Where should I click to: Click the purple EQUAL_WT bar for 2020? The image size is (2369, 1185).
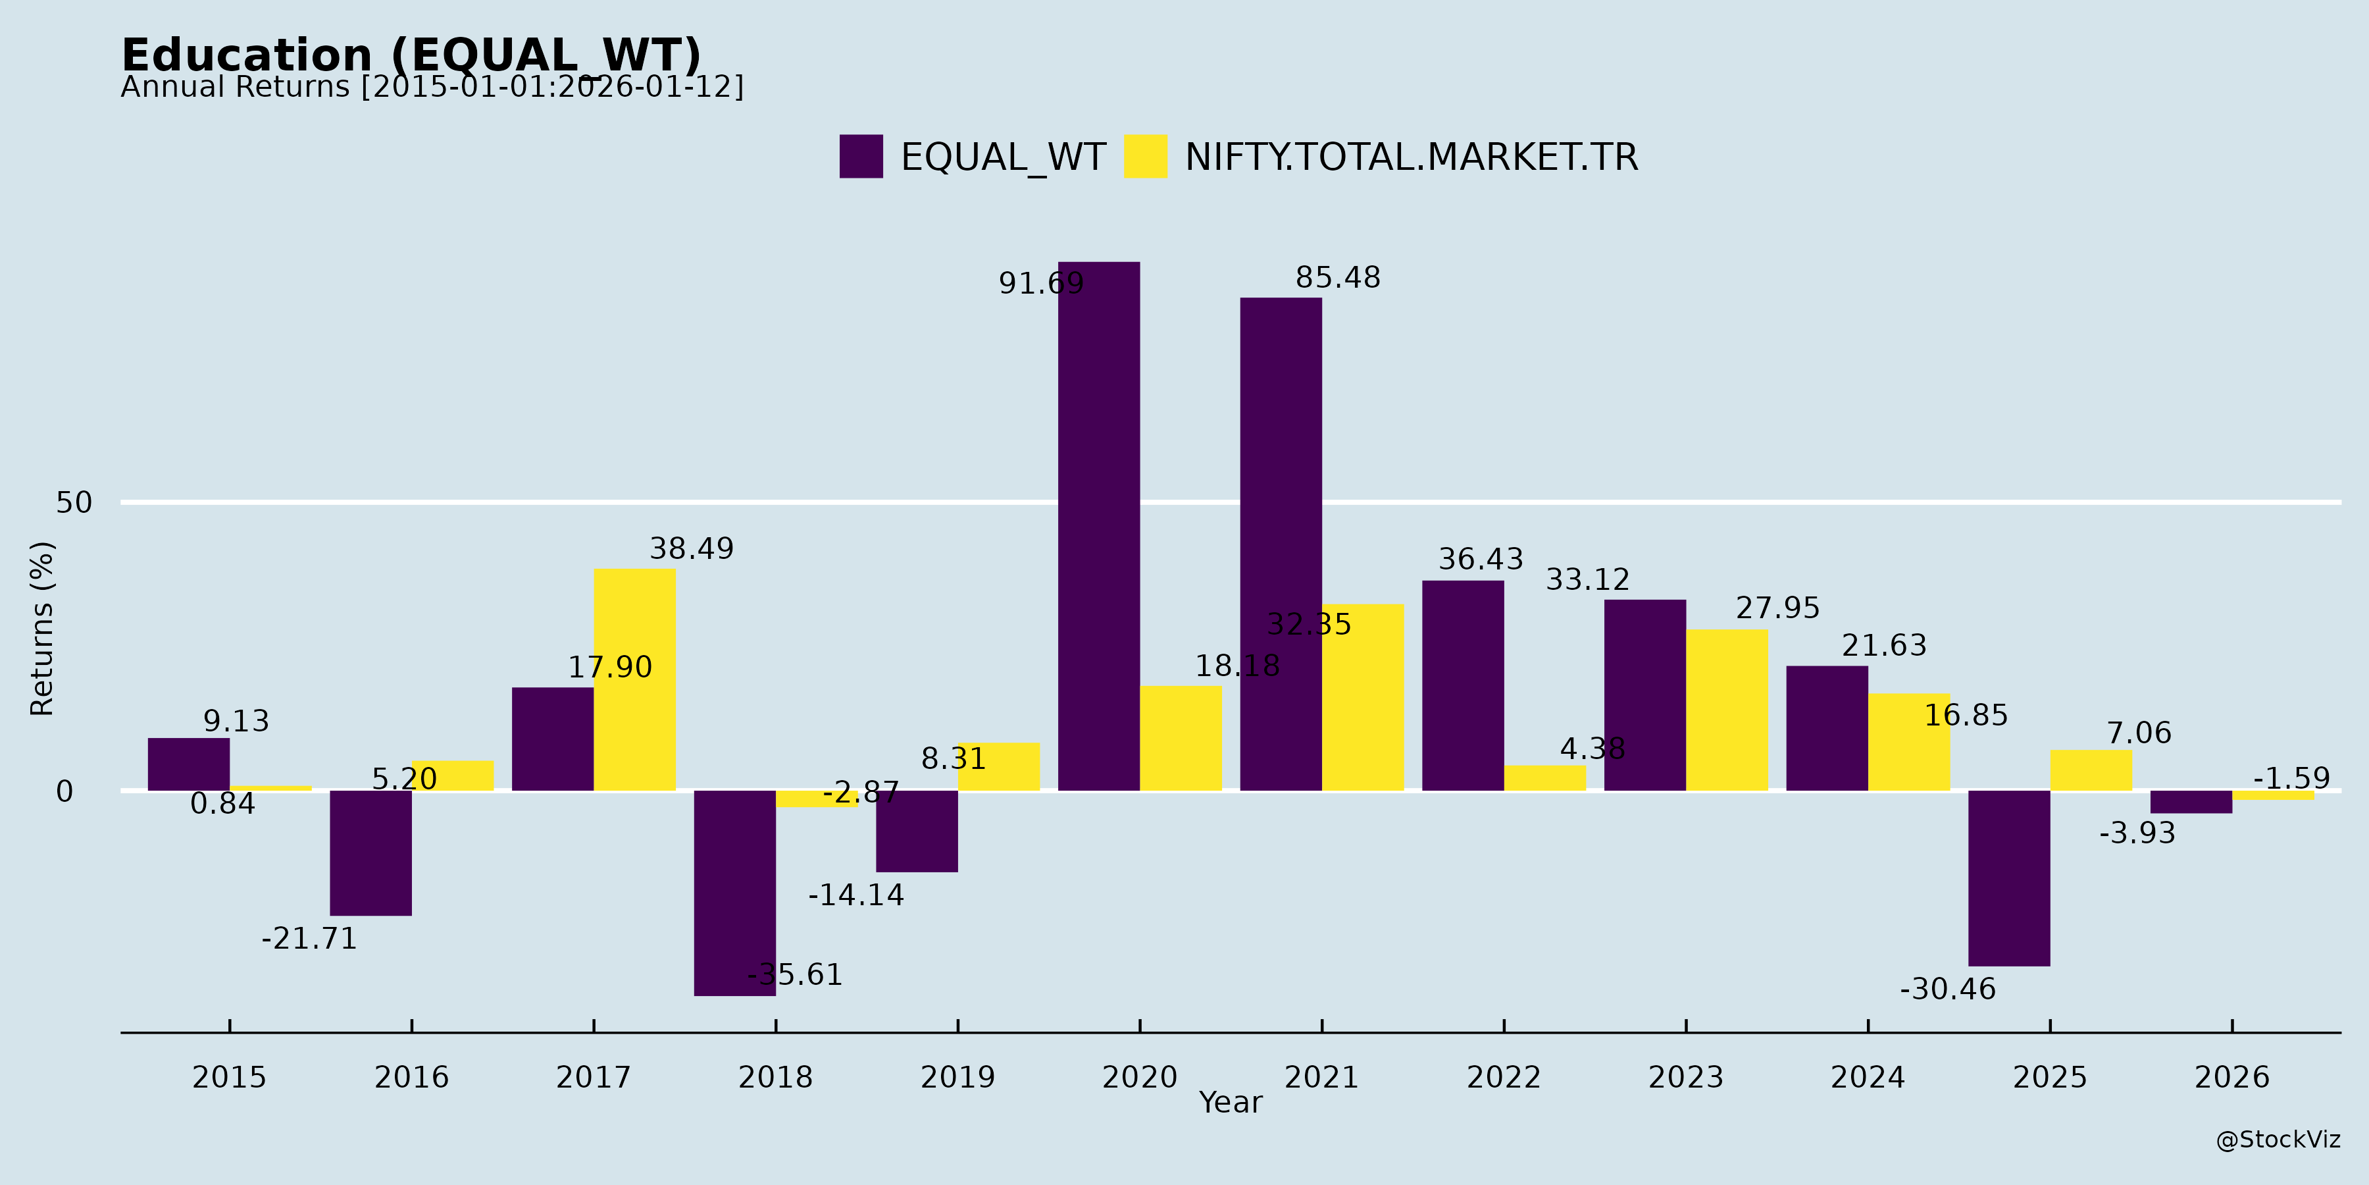click(1098, 525)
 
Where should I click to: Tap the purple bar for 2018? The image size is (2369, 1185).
click(735, 893)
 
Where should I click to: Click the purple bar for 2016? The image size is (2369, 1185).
click(370, 853)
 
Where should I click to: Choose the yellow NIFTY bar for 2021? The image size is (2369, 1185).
click(1363, 697)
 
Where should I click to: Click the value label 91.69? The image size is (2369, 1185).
click(1041, 283)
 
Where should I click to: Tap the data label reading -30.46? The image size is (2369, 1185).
click(1948, 990)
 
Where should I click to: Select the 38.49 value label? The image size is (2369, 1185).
click(692, 549)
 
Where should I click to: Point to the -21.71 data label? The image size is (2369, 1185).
click(309, 939)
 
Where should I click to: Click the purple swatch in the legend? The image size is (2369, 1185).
click(861, 157)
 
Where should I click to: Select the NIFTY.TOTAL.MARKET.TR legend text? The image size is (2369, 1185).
click(1411, 157)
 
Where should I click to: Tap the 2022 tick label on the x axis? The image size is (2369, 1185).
click(1504, 1077)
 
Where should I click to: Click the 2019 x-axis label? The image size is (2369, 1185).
click(957, 1077)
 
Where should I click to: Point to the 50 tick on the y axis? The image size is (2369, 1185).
click(74, 502)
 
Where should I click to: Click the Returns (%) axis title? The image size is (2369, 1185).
click(42, 629)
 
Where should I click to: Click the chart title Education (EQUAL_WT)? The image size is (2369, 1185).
click(411, 55)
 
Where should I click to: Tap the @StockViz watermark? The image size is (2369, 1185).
click(2278, 1140)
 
